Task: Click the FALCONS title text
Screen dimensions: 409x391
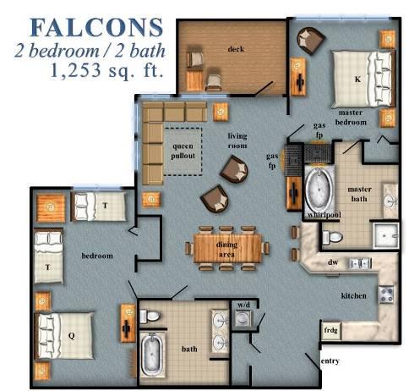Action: [96, 27]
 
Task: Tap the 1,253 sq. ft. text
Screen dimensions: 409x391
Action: [107, 70]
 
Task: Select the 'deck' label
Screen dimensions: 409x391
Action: [236, 49]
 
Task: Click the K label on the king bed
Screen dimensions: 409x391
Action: [357, 80]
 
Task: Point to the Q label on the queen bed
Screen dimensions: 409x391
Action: [72, 336]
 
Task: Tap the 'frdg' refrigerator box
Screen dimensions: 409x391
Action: [330, 330]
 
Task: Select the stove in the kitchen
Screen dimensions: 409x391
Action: [386, 295]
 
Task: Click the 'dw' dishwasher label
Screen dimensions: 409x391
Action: [333, 262]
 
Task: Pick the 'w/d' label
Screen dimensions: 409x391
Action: [243, 305]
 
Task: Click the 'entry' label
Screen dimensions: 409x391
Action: [330, 361]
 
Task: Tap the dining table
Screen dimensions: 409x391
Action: [227, 249]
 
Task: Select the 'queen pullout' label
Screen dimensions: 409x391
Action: [183, 151]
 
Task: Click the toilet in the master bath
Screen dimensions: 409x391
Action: [332, 236]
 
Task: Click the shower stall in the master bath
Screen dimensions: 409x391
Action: [386, 235]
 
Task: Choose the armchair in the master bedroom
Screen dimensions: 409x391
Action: [310, 41]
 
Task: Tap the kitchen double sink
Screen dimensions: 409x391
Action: [360, 263]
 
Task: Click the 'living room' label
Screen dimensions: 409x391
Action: [237, 140]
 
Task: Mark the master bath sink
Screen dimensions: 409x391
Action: [390, 201]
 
